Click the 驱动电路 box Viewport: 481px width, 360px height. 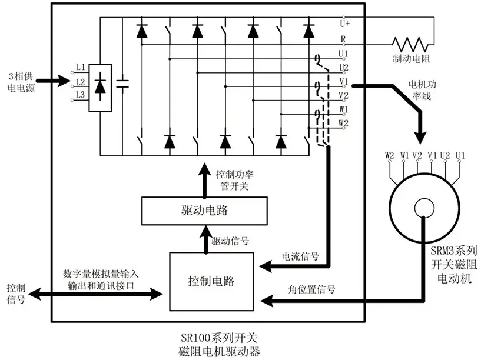[204, 211]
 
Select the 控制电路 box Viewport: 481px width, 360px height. [211, 281]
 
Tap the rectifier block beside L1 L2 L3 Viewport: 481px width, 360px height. [100, 88]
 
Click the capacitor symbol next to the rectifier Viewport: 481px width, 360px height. [122, 84]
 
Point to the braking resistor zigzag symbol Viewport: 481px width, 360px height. [410, 45]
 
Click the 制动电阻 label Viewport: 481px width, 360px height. [411, 58]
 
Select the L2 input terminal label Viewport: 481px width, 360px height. [81, 82]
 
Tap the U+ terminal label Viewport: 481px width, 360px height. [345, 24]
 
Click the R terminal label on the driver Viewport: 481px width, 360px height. [343, 39]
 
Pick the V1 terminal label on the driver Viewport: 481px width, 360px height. [344, 82]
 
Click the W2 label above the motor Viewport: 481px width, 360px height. [389, 155]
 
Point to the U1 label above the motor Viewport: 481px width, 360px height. [460, 155]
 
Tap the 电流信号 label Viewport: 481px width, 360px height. [300, 256]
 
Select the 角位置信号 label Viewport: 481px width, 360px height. [311, 289]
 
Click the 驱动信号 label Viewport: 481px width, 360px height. [230, 241]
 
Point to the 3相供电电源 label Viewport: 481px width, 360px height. [21, 82]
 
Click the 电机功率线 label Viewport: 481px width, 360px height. [422, 90]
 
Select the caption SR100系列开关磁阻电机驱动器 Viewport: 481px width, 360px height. [219, 345]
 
